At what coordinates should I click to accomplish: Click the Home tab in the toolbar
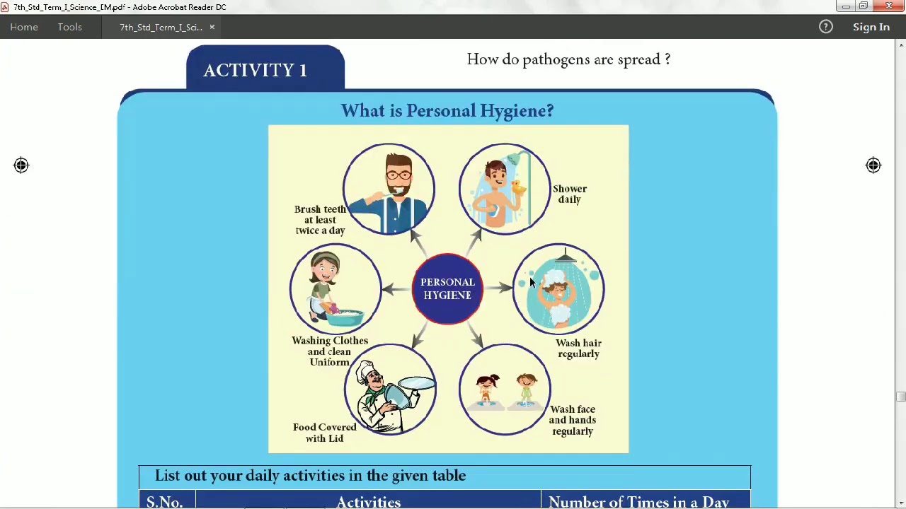tap(24, 27)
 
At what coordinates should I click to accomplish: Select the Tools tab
tap(69, 27)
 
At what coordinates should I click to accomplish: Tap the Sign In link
tap(871, 27)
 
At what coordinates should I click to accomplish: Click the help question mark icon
tap(825, 27)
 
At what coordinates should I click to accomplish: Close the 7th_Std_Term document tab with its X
tap(212, 27)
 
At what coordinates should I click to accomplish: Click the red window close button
tap(889, 6)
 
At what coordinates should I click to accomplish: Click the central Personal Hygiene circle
tap(447, 288)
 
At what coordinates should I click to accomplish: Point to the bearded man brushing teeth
tap(389, 189)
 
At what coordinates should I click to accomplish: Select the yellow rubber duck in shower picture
tap(519, 187)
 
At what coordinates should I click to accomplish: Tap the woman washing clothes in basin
tap(335, 289)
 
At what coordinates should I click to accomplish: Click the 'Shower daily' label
tap(569, 194)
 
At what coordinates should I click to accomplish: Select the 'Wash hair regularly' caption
tap(578, 349)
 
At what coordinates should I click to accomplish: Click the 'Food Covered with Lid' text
tap(324, 433)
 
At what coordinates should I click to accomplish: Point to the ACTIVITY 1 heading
tap(255, 70)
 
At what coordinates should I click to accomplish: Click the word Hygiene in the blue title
tap(516, 111)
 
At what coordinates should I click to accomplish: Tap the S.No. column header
tap(164, 501)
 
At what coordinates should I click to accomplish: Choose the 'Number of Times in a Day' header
tap(638, 501)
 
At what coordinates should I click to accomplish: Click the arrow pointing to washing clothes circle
tap(396, 288)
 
